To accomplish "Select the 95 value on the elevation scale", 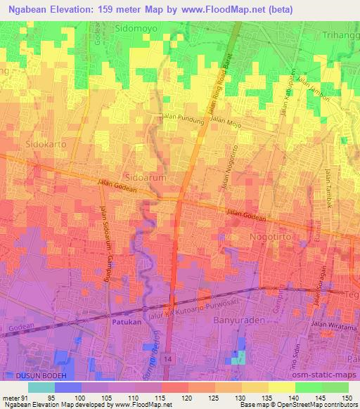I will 68,398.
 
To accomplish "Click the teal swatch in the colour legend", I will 41,387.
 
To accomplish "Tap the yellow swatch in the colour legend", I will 283,387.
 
